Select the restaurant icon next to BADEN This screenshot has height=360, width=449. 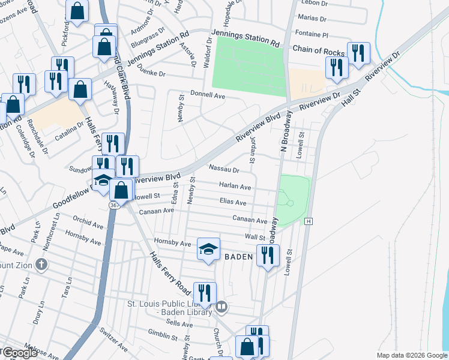click(267, 256)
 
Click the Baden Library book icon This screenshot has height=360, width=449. click(221, 307)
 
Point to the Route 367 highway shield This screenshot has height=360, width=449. click(113, 205)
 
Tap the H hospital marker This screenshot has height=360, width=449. click(309, 221)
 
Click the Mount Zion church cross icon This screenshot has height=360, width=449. click(41, 264)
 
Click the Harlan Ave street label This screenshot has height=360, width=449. click(235, 187)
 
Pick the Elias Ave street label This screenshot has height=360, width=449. click(233, 203)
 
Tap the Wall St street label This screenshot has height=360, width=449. click(255, 238)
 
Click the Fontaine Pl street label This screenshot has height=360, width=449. click(313, 34)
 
